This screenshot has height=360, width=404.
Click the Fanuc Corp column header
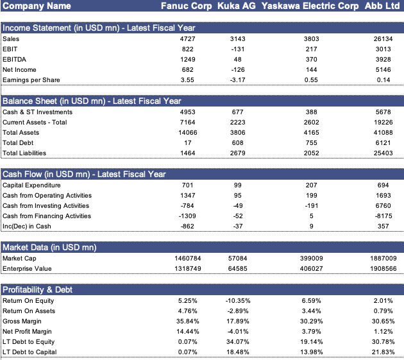coord(186,6)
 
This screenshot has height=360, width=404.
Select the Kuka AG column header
coord(237,6)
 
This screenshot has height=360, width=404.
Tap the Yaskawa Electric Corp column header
coord(310,6)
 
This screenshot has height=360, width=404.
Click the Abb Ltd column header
coord(382,6)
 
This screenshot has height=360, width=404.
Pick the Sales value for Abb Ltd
coord(383,39)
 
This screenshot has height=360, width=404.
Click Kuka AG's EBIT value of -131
coord(237,49)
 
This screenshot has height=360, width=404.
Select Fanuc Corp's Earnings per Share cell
coord(187,80)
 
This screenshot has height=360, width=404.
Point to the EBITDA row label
coord(14,60)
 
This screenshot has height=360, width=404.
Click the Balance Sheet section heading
coord(92,101)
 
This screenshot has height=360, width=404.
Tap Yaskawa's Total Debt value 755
coord(311,143)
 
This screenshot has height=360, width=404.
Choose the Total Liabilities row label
coord(24,153)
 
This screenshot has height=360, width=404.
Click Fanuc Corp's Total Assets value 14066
coord(187,133)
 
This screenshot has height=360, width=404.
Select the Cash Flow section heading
coord(84,175)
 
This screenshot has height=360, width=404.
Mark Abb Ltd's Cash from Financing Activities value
coord(383,216)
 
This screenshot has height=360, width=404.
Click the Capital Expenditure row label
coord(31,185)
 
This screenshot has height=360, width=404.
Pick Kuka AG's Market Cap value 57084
coord(237,259)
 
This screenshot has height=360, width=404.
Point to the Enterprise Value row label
coord(27,269)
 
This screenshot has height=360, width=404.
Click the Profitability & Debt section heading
coord(38,290)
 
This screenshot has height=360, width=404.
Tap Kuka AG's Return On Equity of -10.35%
coord(238,301)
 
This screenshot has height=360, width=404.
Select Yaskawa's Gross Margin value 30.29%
coord(311,321)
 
